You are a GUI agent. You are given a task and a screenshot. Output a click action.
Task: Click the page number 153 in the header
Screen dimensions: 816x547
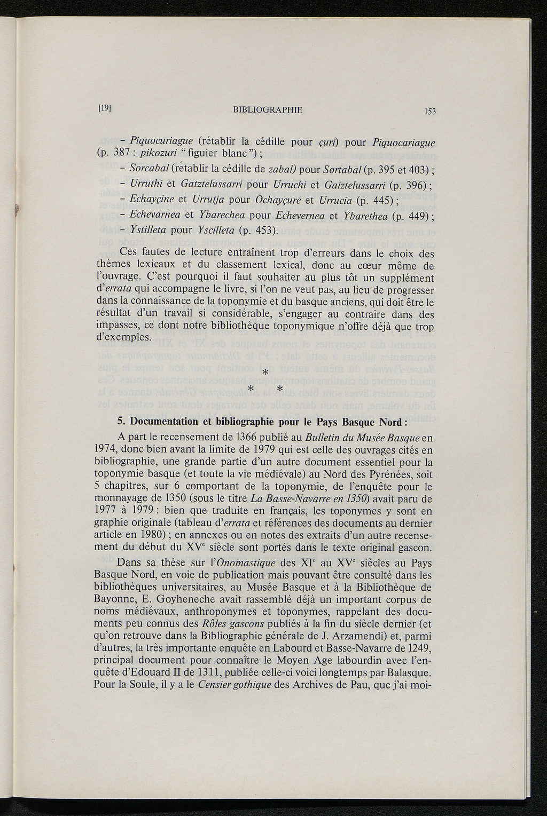click(431, 111)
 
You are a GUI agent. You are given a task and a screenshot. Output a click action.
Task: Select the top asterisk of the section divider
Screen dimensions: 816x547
click(265, 373)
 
